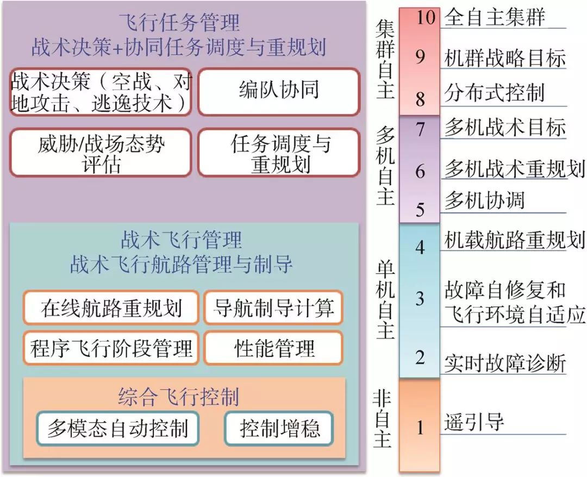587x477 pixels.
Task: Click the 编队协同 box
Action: click(278, 91)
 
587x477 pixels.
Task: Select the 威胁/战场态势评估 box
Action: click(101, 153)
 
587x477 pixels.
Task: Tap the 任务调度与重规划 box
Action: click(278, 153)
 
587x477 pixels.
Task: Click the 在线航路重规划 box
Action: click(110, 307)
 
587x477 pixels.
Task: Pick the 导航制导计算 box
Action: click(273, 307)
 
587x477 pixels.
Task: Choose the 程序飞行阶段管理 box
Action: click(110, 348)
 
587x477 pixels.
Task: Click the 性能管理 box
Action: click(273, 348)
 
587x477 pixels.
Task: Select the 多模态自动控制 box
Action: click(117, 429)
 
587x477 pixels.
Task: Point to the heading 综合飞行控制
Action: click(178, 397)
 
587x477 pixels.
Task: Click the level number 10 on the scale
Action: click(420, 17)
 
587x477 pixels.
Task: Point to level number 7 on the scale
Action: click(420, 130)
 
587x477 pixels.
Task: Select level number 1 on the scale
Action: click(420, 427)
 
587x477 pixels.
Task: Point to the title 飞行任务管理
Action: click(179, 24)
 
